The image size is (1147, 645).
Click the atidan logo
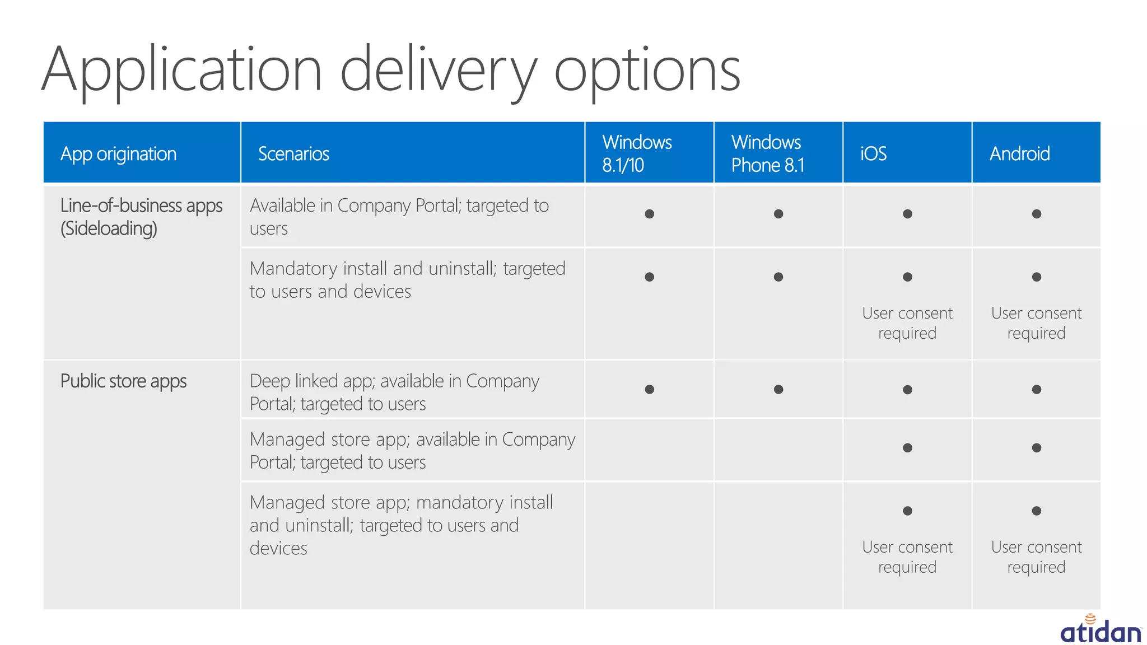(1100, 630)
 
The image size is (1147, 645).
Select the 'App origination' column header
(118, 153)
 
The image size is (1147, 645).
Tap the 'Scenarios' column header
(293, 153)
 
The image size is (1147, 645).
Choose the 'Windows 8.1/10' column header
(637, 153)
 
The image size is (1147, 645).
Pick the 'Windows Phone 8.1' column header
(767, 153)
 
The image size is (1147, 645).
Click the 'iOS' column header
(873, 153)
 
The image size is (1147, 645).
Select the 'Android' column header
(1019, 153)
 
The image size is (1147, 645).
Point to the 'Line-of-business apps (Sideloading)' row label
(141, 217)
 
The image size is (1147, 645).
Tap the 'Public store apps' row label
(123, 381)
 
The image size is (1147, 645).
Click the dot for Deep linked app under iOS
(907, 390)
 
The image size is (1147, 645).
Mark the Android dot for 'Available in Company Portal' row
(1036, 214)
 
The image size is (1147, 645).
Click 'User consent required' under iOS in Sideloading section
(907, 323)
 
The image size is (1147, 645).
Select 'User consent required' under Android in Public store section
(1036, 557)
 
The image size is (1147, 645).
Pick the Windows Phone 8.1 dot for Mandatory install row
(778, 277)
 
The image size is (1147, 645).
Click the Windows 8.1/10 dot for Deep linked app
(649, 390)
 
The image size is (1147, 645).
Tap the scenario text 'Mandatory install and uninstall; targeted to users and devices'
(407, 280)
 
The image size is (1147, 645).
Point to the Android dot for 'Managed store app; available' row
(1036, 448)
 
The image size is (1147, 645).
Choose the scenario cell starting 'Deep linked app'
(394, 392)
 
